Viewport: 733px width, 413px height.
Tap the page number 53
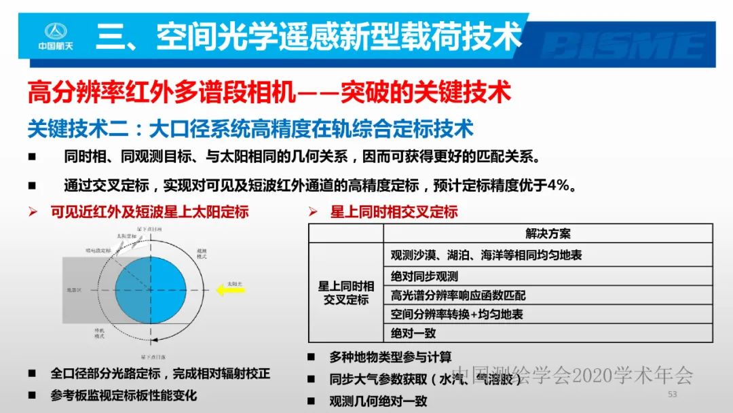coord(673,394)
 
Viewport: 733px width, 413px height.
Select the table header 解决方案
coord(548,234)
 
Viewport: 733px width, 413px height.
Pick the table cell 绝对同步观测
coord(424,276)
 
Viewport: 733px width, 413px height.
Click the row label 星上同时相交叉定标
coord(345,293)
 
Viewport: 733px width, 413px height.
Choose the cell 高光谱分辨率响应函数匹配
coord(458,295)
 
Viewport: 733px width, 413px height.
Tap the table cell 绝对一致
coord(413,333)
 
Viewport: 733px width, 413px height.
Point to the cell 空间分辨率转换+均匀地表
coord(457,314)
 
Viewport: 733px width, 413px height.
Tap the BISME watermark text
coord(624,46)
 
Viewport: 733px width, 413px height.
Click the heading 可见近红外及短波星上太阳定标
coord(149,212)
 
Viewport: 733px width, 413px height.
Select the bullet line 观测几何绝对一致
coord(378,401)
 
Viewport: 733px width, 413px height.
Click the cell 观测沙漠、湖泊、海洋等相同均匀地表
coord(486,255)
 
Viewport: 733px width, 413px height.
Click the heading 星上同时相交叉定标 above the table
coord(394,212)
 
